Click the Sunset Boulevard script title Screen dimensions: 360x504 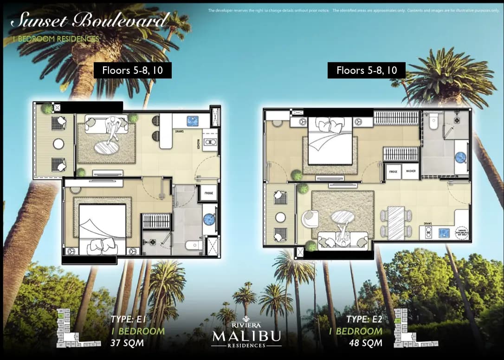click(x=90, y=21)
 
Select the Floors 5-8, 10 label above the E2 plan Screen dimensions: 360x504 click(x=366, y=70)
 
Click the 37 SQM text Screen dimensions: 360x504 click(x=127, y=344)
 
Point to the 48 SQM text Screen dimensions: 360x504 click(x=366, y=344)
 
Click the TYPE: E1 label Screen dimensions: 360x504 click(x=129, y=319)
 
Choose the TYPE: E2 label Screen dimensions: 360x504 click(x=364, y=319)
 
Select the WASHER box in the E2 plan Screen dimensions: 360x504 click(x=411, y=171)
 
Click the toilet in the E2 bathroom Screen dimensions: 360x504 click(x=433, y=122)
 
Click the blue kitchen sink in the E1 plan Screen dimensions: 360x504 click(x=193, y=121)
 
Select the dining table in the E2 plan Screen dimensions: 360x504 click(x=396, y=223)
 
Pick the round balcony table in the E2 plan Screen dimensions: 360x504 click(x=280, y=217)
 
